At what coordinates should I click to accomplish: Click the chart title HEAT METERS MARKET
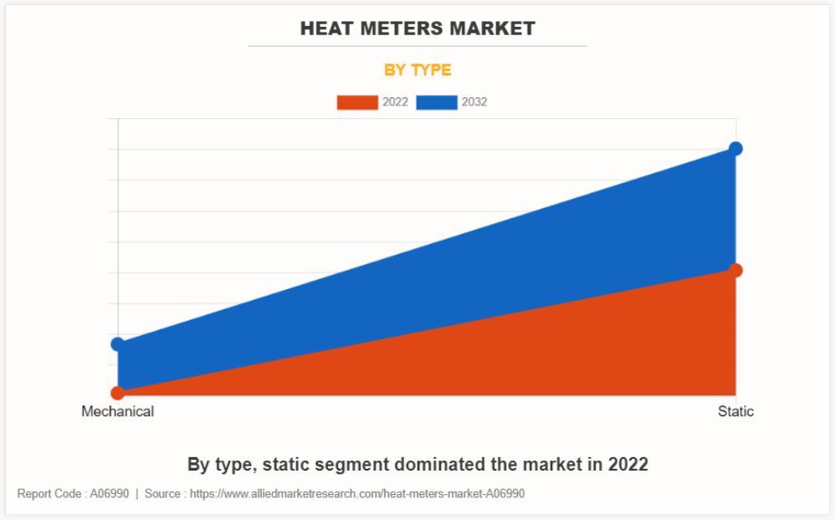417,28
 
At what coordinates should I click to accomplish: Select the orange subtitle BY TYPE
417,70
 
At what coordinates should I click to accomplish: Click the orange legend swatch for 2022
357,102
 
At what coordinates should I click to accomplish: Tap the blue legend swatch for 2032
436,102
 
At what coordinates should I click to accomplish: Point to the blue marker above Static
735,149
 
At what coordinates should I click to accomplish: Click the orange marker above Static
735,270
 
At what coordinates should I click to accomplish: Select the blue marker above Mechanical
118,344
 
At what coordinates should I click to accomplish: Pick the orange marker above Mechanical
118,392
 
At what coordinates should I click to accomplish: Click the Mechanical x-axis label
118,411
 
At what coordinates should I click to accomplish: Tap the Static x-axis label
735,411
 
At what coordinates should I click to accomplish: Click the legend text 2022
395,102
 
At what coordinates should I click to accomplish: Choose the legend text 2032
474,102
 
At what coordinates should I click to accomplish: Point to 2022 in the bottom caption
627,464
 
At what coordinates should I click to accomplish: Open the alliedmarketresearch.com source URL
357,494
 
